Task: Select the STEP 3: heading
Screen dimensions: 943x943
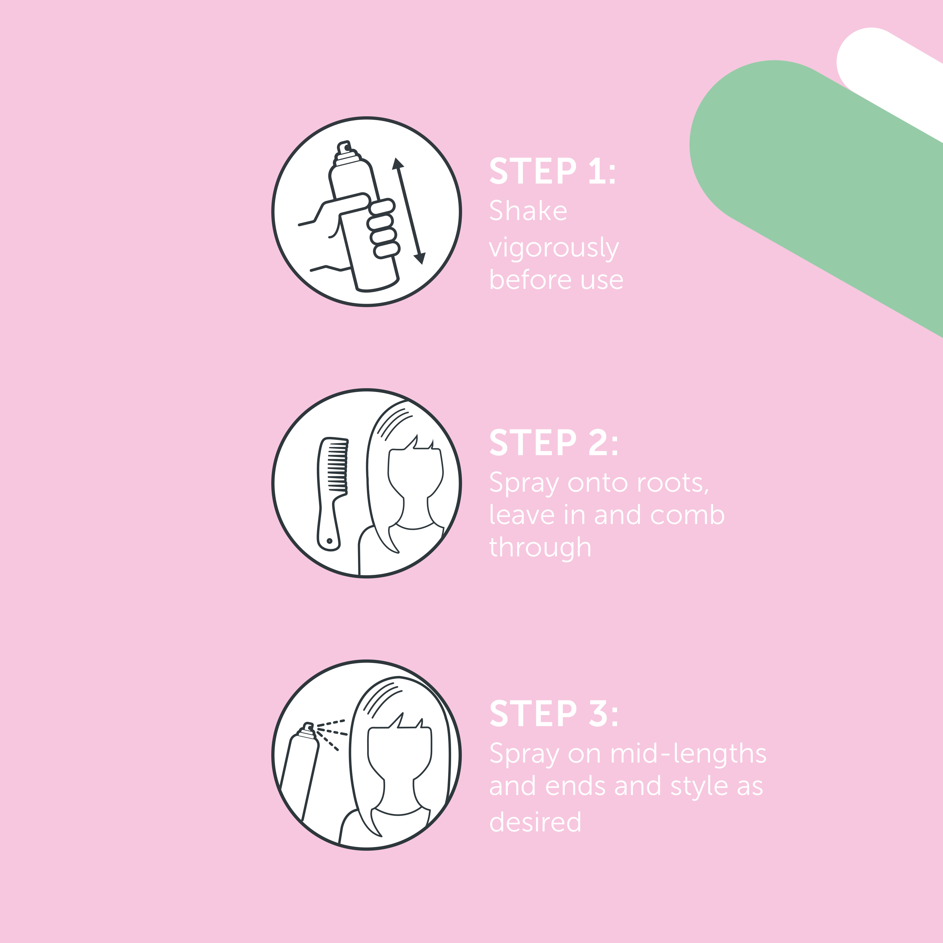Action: (x=554, y=714)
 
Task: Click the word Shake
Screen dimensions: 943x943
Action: (x=528, y=211)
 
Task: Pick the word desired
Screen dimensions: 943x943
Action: (x=535, y=822)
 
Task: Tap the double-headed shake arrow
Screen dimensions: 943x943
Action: (x=409, y=211)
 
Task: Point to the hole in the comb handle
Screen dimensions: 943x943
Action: (x=329, y=541)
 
